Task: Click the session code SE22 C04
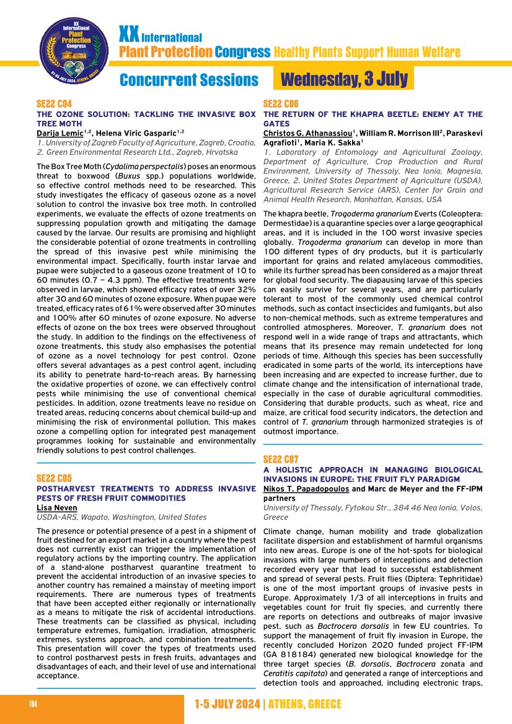click(55, 104)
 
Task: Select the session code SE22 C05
click(55, 478)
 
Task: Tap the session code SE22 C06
click(281, 104)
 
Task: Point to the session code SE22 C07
click(281, 460)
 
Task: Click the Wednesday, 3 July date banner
click(344, 79)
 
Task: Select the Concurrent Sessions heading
click(188, 81)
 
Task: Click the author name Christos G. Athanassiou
click(307, 133)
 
